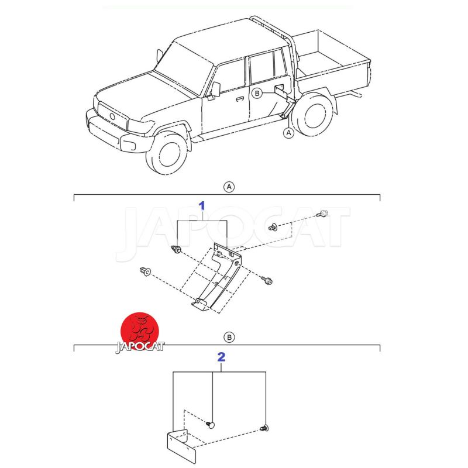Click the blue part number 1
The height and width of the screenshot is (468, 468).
point(202,206)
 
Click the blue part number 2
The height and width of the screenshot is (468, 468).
point(221,357)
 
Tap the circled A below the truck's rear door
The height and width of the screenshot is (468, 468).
point(288,133)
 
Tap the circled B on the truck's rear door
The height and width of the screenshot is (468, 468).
point(257,94)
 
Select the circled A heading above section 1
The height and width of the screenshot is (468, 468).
point(229,187)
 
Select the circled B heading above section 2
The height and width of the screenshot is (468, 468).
point(229,338)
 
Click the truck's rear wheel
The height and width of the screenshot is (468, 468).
point(312,115)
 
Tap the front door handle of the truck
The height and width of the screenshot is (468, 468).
point(240,99)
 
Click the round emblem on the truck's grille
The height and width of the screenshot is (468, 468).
point(112,116)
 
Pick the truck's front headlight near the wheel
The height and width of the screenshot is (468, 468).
point(129,145)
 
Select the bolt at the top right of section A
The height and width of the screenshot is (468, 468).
point(322,214)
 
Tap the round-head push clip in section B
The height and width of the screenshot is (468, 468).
point(211,425)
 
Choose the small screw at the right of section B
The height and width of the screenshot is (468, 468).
point(264,428)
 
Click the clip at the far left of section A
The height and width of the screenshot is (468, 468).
point(145,271)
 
